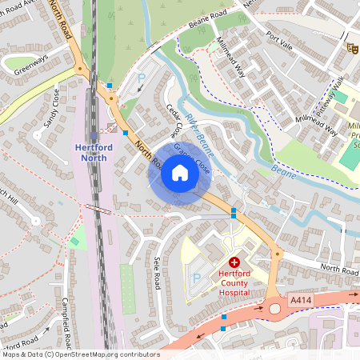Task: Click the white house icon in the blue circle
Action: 179,173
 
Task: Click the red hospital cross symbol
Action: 235,262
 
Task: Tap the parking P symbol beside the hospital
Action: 197,278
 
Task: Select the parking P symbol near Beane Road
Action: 142,79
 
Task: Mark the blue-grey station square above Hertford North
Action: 94,134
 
